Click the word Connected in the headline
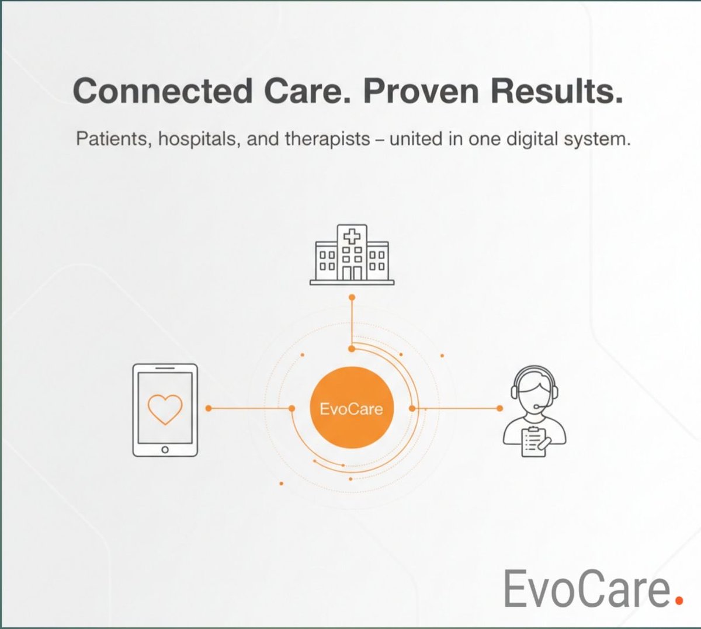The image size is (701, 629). [x=163, y=91]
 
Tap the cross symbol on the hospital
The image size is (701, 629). [x=352, y=237]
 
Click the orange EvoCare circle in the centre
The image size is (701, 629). [x=351, y=408]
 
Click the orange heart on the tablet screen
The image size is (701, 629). [x=165, y=408]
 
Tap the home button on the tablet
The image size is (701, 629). [x=165, y=449]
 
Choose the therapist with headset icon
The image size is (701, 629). [x=535, y=411]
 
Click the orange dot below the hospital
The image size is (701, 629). [x=352, y=298]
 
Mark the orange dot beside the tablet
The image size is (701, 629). [x=209, y=408]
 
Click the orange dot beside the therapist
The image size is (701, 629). [x=499, y=408]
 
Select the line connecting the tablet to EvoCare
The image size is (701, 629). [x=250, y=408]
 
